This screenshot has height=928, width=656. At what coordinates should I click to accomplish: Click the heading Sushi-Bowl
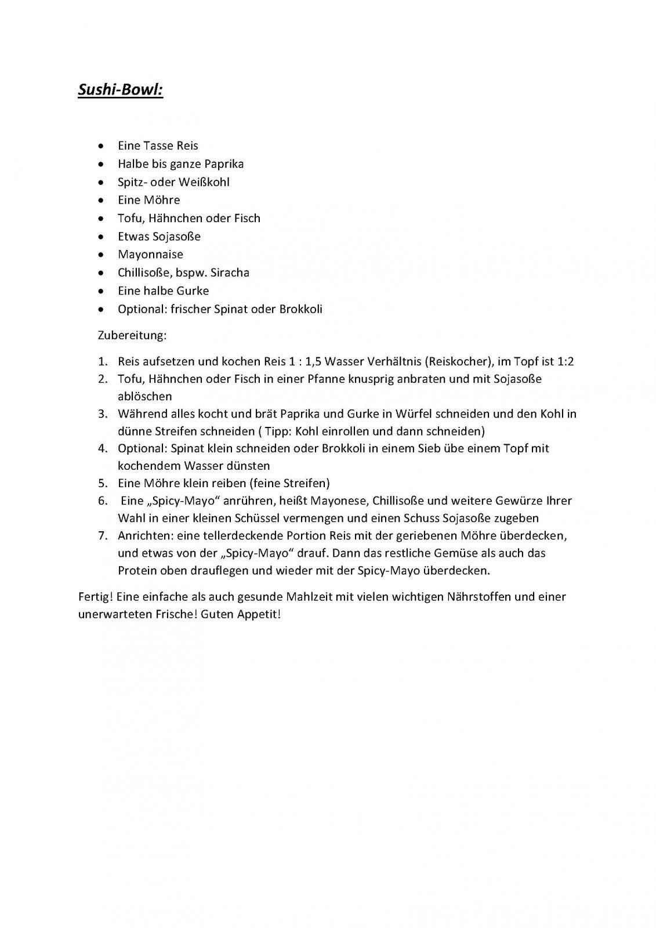121,91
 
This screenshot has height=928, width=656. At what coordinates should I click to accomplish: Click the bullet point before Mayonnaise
102,255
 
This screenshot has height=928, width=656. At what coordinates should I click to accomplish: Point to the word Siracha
230,273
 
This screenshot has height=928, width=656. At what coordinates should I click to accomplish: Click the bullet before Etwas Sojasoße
102,237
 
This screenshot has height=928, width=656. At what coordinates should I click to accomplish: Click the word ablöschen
145,397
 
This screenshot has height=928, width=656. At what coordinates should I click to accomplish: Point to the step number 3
103,414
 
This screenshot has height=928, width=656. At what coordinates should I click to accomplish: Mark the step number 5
103,483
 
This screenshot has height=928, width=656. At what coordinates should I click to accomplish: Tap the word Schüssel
293,518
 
